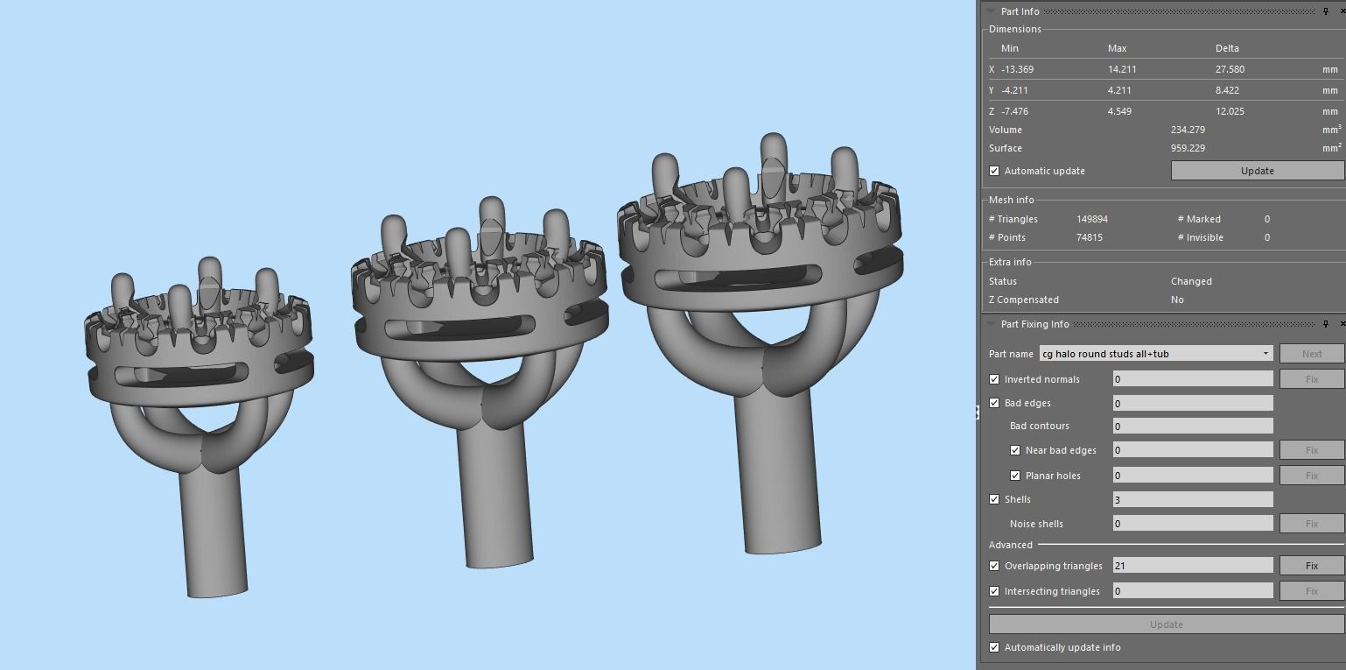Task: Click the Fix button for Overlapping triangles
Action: pyautogui.click(x=1311, y=566)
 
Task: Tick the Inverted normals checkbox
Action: pyautogui.click(x=994, y=379)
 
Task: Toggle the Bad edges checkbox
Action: pyautogui.click(x=994, y=403)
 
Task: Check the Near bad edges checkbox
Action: pyautogui.click(x=1015, y=450)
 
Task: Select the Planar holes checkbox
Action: pyautogui.click(x=1015, y=476)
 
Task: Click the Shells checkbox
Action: pyautogui.click(x=994, y=499)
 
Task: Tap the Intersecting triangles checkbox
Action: pyautogui.click(x=994, y=591)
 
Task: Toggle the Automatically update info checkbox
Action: pyautogui.click(x=994, y=647)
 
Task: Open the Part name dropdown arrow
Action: pyautogui.click(x=1265, y=354)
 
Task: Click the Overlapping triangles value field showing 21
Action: pyautogui.click(x=1192, y=566)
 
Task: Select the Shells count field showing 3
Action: pyautogui.click(x=1192, y=499)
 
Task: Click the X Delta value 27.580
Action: pyautogui.click(x=1230, y=69)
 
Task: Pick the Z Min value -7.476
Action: pyautogui.click(x=1015, y=111)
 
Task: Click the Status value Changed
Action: pyautogui.click(x=1191, y=281)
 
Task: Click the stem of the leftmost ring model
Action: pyautogui.click(x=214, y=534)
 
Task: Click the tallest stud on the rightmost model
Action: pyautogui.click(x=773, y=166)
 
